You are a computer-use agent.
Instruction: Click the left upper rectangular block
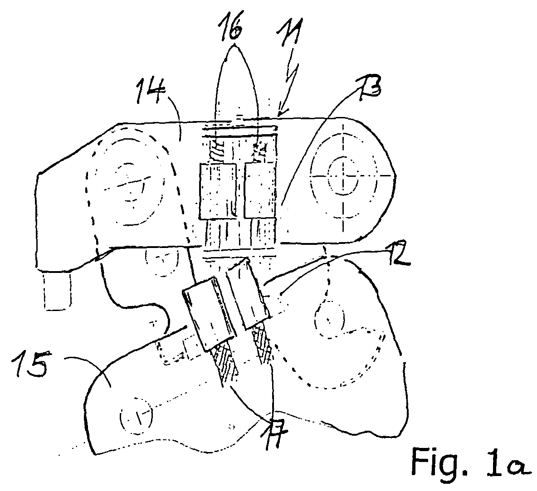[218, 191]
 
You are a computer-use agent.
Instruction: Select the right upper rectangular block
[260, 190]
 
